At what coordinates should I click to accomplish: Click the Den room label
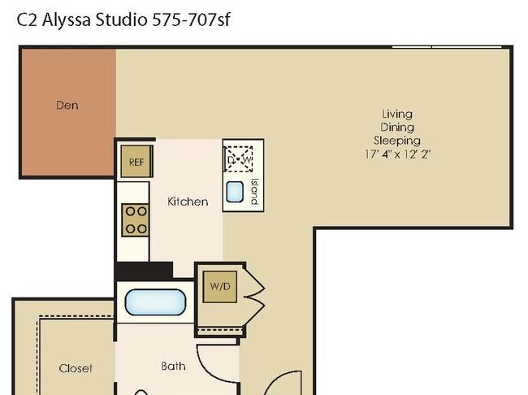tap(67, 105)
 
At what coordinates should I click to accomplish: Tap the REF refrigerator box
tap(136, 162)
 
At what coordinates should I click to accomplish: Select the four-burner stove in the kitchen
tap(136, 220)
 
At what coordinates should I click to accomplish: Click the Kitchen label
tap(188, 202)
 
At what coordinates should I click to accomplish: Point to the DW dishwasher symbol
tap(239, 159)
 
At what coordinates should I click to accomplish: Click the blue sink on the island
tap(235, 192)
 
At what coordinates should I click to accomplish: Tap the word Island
tap(254, 192)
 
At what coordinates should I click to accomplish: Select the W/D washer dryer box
tap(220, 286)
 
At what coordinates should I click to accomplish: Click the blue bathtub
tap(155, 302)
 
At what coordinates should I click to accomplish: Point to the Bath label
tap(173, 366)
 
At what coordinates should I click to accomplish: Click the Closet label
tap(76, 368)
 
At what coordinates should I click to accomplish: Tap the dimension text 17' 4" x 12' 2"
tap(398, 154)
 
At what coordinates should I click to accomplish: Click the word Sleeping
tap(397, 141)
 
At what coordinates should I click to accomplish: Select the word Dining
tap(397, 128)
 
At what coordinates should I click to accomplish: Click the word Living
tap(397, 115)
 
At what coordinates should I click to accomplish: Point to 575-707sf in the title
tap(191, 20)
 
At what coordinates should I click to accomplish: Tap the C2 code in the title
tap(28, 20)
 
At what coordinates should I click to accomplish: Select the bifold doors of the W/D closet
tap(255, 297)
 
